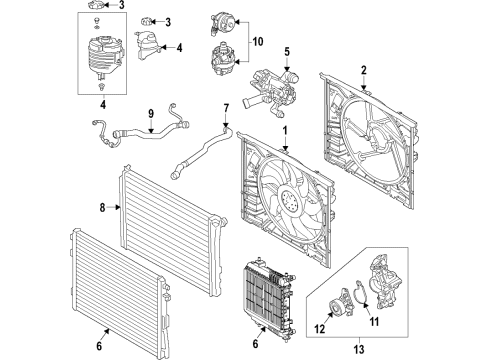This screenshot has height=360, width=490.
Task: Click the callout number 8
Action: [x=102, y=208]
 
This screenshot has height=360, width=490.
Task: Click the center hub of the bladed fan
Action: [x=290, y=206]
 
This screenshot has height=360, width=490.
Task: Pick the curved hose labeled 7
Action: [x=205, y=145]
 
